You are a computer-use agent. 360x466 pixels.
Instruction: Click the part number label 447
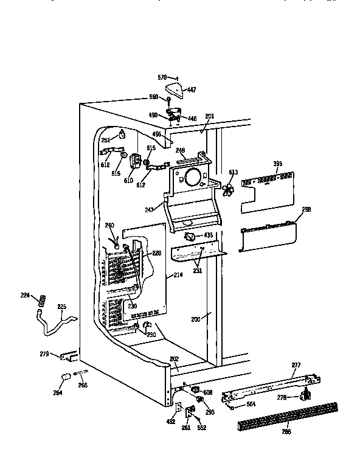tap(192, 89)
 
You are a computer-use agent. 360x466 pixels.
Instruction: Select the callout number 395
tap(277, 164)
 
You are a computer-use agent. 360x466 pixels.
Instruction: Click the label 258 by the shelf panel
tap(306, 209)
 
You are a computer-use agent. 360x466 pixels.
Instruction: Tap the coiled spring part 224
tap(42, 300)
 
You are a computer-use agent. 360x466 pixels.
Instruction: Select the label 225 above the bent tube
tap(62, 307)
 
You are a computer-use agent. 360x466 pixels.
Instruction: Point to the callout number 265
tap(83, 384)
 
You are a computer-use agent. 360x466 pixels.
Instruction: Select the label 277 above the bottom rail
tap(296, 365)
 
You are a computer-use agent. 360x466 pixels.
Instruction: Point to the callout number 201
tap(209, 117)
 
